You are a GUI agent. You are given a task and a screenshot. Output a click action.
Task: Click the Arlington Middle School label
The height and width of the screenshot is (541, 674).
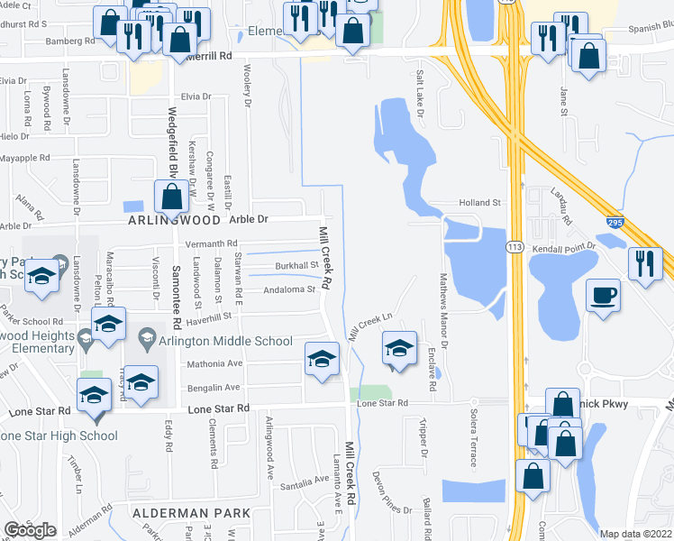(226, 341)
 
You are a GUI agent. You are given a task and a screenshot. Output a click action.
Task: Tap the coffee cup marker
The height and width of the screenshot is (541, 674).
(603, 296)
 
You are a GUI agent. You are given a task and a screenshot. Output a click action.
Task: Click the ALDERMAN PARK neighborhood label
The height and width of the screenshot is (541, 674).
(191, 513)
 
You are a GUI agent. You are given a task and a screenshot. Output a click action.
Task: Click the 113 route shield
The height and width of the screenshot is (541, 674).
(515, 247)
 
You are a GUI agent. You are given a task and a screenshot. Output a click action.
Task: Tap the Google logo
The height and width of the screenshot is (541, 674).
(31, 530)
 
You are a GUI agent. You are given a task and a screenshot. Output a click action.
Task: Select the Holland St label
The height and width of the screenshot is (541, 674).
(478, 203)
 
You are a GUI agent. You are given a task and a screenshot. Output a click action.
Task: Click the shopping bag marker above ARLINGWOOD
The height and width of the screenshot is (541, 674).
(171, 196)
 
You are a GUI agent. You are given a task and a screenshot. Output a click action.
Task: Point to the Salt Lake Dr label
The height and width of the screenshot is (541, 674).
(419, 95)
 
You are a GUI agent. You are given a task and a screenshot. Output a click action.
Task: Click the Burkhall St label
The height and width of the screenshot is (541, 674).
(297, 266)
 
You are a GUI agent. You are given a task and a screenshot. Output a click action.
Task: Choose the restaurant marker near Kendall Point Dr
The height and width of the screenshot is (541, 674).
(645, 263)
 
